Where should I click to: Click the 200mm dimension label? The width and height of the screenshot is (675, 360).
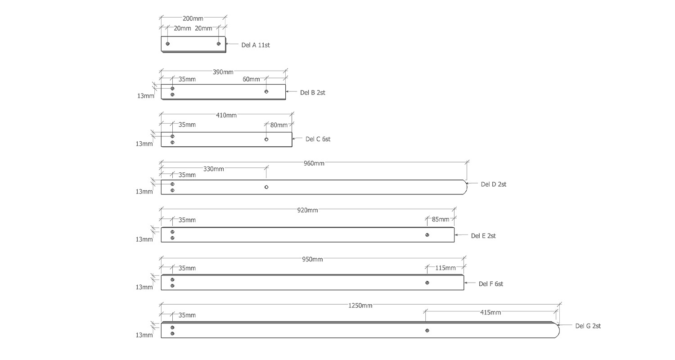[193, 18]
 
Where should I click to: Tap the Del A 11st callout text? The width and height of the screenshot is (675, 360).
[256, 45]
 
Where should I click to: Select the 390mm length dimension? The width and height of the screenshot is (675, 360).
[223, 72]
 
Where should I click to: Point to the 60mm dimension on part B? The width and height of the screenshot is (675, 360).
[251, 79]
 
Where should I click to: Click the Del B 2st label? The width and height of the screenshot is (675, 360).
[312, 93]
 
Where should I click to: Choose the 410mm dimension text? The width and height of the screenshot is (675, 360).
[226, 115]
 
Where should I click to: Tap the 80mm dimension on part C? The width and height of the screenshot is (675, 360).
[279, 125]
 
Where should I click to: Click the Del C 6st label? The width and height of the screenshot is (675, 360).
[318, 139]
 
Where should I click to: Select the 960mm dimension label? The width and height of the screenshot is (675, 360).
[314, 163]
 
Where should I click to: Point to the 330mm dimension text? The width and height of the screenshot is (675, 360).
[213, 169]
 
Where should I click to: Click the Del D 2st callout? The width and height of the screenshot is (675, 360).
[493, 184]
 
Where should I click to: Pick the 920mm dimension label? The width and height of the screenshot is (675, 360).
[307, 210]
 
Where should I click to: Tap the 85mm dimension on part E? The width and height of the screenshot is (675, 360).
[441, 220]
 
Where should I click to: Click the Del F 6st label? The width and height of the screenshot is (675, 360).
[490, 284]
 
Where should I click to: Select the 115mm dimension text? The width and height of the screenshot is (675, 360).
[445, 268]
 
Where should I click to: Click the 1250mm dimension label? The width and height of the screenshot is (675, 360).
[360, 306]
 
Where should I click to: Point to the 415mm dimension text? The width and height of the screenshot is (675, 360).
[490, 312]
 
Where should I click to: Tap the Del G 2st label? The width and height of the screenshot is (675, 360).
[588, 326]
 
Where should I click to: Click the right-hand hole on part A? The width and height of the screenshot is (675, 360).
[219, 44]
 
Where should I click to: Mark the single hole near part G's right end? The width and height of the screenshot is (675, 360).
[427, 331]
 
